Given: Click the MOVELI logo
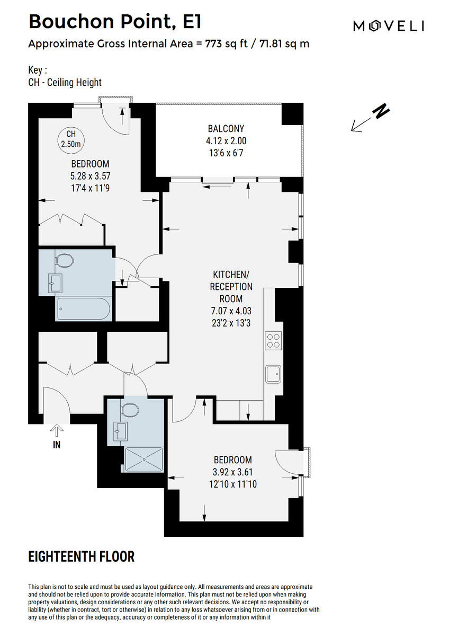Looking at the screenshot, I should coord(388,25).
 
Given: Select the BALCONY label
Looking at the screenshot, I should coord(226,129).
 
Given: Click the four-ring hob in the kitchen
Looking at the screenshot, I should coord(273,340).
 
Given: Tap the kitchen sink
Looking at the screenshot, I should coord(274,374).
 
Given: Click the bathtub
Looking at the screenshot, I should coord(84,308).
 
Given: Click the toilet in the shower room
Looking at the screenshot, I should coord(129,410).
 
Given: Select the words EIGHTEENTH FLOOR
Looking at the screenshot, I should coord(81,556).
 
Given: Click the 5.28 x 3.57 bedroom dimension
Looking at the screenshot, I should coord(90,176).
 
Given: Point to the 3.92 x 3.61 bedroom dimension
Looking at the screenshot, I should coord(233,472).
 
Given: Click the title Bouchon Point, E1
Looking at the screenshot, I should coord(114,22).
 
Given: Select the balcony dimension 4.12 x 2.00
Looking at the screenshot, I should coord(226,141).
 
